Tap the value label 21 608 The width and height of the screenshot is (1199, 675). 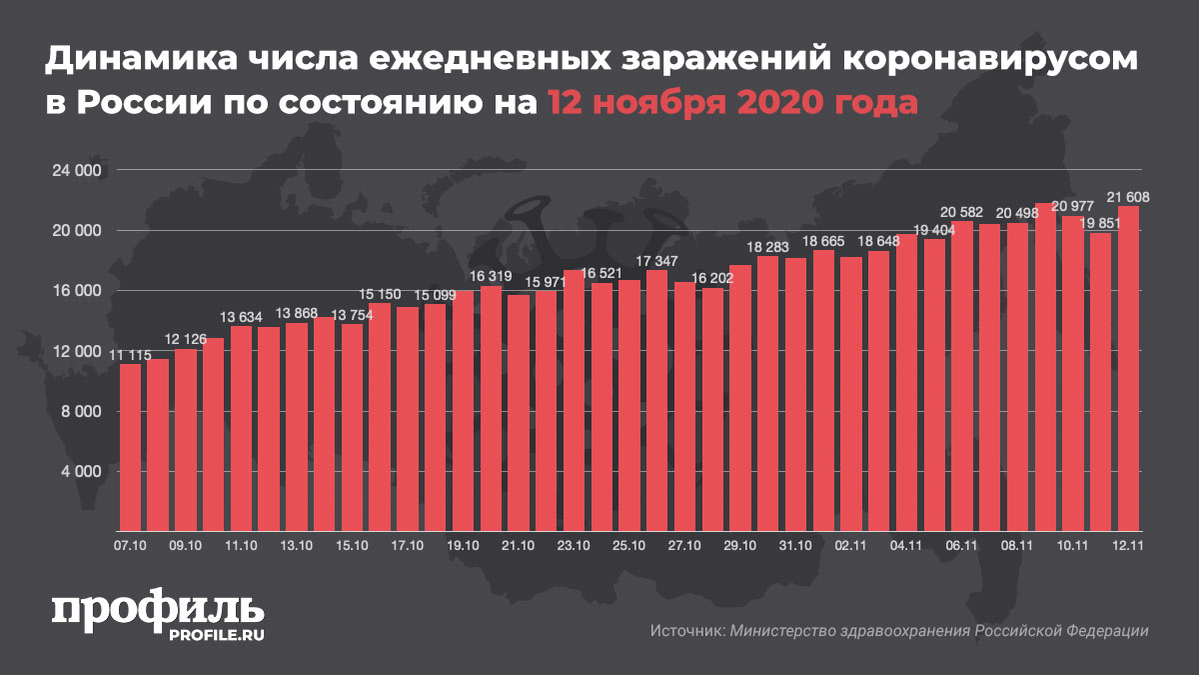click(1128, 198)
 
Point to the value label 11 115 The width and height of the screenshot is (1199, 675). click(130, 355)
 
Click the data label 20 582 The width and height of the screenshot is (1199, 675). click(962, 212)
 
